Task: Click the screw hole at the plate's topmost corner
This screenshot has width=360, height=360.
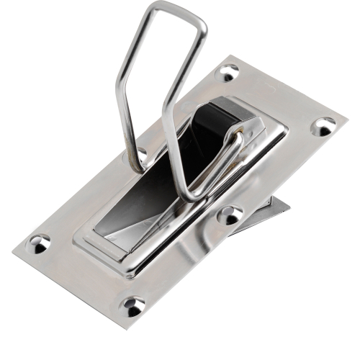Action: tap(228, 72)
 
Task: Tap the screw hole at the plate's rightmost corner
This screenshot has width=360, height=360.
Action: tap(323, 127)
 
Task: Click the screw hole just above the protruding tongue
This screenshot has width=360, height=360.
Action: tap(230, 215)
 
